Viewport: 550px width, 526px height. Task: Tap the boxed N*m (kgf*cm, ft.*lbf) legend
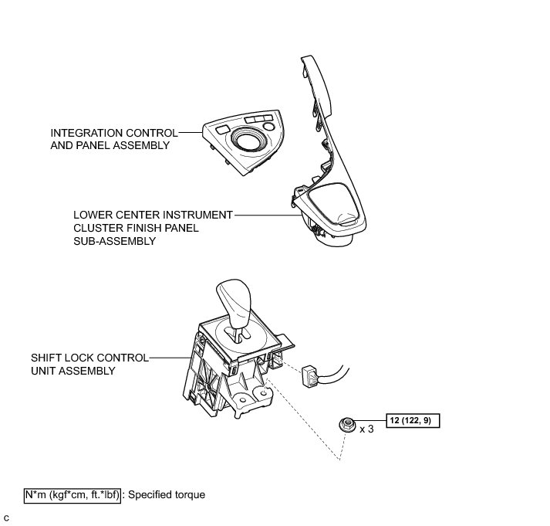(72, 494)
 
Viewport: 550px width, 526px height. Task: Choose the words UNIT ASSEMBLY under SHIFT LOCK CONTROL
(73, 372)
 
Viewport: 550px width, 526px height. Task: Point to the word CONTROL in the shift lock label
(120, 358)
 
